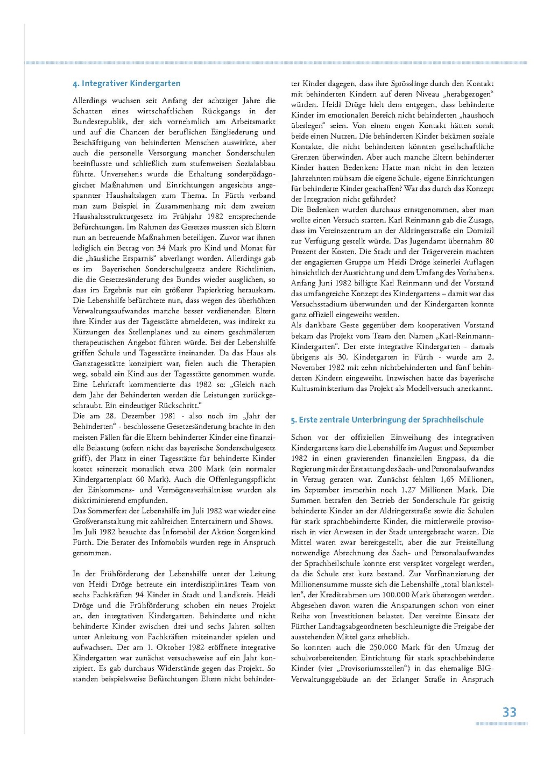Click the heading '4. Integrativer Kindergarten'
(x=126, y=83)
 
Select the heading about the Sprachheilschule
(x=387, y=420)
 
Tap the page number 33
(x=509, y=712)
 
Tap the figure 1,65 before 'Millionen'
(x=447, y=479)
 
